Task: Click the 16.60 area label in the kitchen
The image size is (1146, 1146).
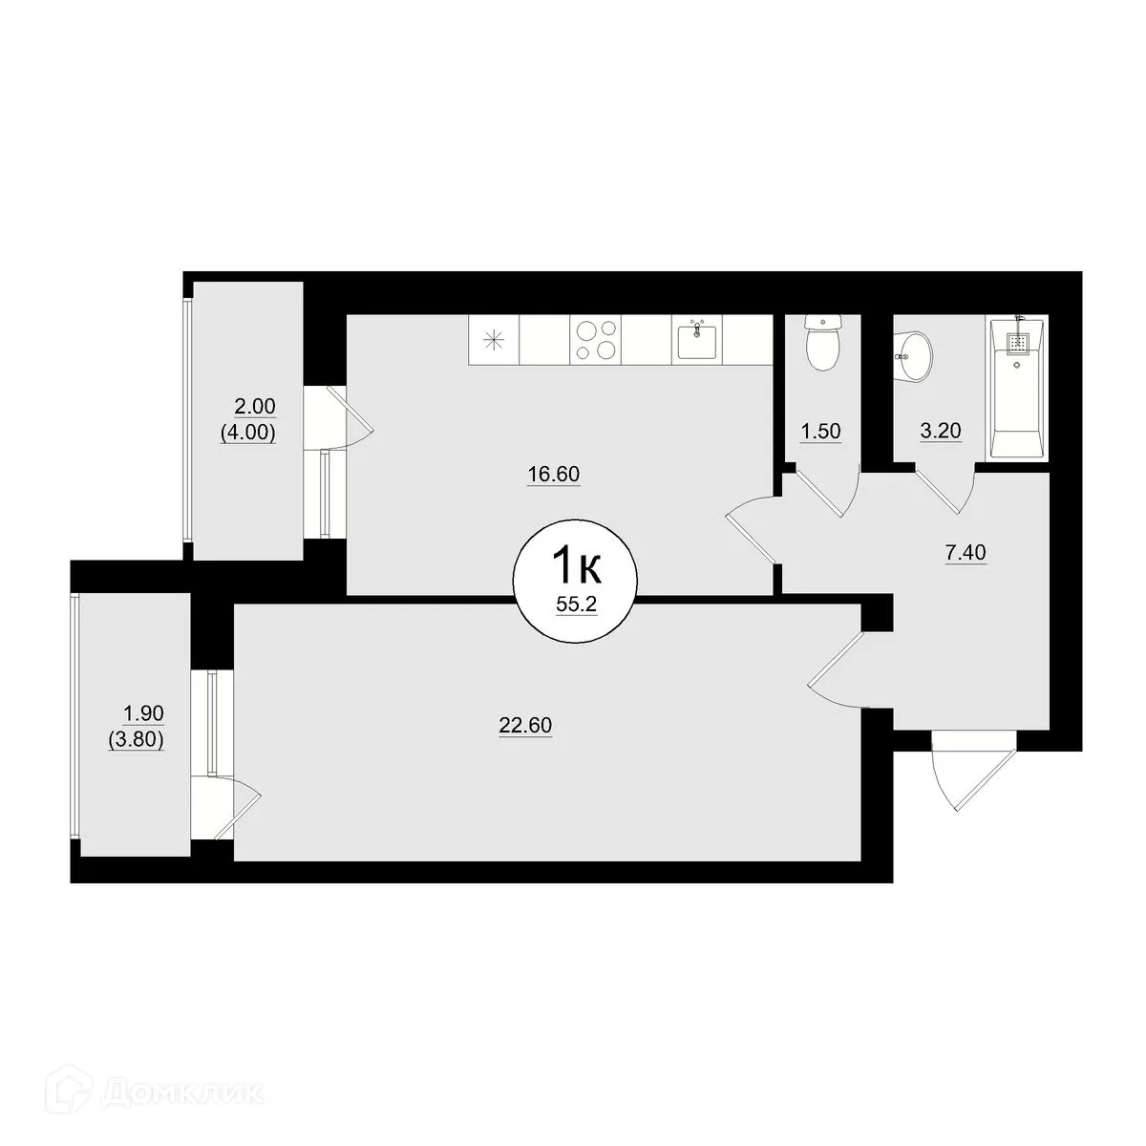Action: [x=554, y=474]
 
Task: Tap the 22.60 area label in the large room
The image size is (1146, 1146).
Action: [x=526, y=726]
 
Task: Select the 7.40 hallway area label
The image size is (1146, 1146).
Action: [x=966, y=551]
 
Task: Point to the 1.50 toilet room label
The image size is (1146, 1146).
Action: [x=820, y=431]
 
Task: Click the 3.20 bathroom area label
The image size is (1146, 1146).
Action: [x=939, y=431]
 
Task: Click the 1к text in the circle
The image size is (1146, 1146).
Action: [x=575, y=567]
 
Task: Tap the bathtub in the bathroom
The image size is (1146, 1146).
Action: [x=1016, y=388]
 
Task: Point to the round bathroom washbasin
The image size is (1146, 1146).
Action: [x=913, y=356]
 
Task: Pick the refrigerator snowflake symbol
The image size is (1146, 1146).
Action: [x=494, y=340]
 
